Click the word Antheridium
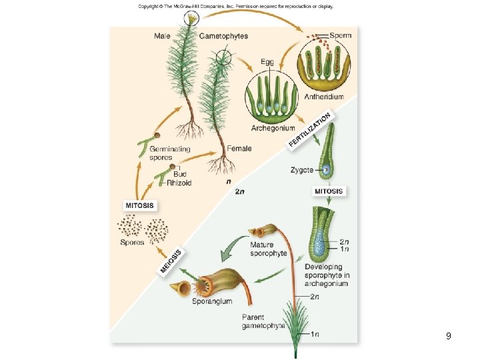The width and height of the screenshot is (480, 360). pyautogui.click(x=324, y=97)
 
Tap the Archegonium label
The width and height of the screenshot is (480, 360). pyautogui.click(x=272, y=128)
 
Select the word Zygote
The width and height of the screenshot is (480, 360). pyautogui.click(x=301, y=171)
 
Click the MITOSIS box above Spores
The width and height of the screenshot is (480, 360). pyautogui.click(x=141, y=205)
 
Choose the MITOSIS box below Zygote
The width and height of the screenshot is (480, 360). pyautogui.click(x=329, y=191)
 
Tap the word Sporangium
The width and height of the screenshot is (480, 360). pyautogui.click(x=213, y=301)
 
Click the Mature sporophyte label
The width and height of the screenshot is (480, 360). pyautogui.click(x=268, y=249)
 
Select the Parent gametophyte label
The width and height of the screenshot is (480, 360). pyautogui.click(x=263, y=321)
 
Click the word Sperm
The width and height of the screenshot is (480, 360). pyautogui.click(x=341, y=35)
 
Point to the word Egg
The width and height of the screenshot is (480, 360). pyautogui.click(x=267, y=62)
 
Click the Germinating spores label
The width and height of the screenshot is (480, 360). pyautogui.click(x=169, y=153)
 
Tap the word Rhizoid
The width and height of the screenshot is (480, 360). pyautogui.click(x=179, y=183)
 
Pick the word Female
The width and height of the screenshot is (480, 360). pyautogui.click(x=239, y=149)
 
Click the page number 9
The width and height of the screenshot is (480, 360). pyautogui.click(x=449, y=336)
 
